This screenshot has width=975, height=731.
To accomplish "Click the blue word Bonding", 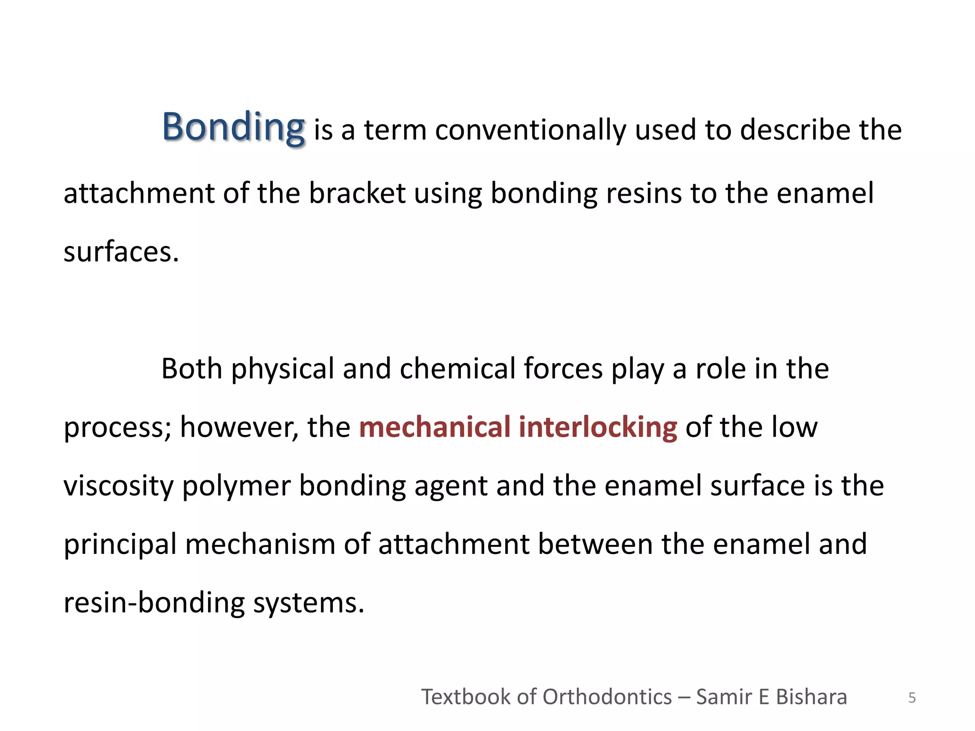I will tap(233, 127).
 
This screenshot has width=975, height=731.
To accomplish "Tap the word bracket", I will tap(357, 193).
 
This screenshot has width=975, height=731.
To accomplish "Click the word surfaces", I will tap(121, 252).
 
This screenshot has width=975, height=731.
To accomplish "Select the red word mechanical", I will tap(435, 427).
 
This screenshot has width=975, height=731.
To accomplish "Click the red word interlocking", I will tap(597, 427).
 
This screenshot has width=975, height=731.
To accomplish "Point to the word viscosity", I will tap(119, 486).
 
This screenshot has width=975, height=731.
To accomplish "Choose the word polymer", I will tap(236, 486).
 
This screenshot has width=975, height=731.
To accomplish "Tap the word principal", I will tap(120, 545).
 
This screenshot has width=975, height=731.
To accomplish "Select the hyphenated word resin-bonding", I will tap(154, 603).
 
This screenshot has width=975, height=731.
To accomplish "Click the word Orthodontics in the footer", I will tap(607, 697).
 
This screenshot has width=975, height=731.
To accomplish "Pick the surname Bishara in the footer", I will tap(811, 697).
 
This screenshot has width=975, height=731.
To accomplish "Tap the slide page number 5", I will tap(912, 698).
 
